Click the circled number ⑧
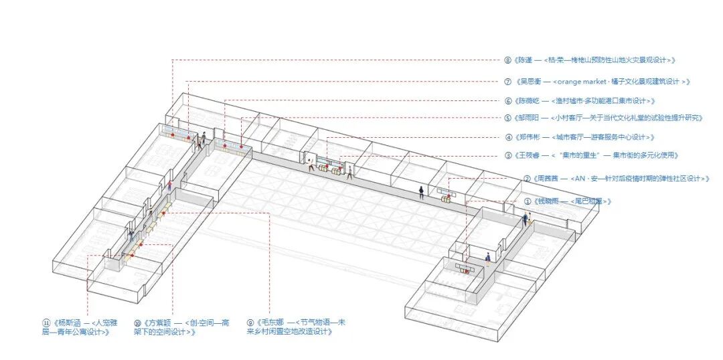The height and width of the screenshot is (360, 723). [x=508, y=60]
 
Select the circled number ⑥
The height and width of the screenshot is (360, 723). [x=508, y=100]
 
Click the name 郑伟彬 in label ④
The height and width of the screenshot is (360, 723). [x=528, y=137]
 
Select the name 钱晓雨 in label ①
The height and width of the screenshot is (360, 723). [x=545, y=201]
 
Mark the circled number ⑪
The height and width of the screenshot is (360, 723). [x=46, y=322]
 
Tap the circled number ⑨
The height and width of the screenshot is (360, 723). [x=251, y=322]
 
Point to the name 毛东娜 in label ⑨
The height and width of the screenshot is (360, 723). [x=268, y=322]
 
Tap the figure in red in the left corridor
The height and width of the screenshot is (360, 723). [x=170, y=185]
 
